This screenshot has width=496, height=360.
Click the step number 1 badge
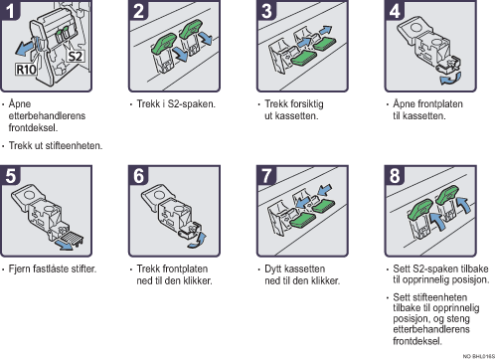pyautogui.click(x=10, y=10)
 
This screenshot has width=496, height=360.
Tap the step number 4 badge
pyautogui.click(x=395, y=10)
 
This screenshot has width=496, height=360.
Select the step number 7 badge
pyautogui.click(x=266, y=175)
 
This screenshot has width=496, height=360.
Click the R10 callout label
pyautogui.click(x=26, y=70)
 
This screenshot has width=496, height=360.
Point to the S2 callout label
pyautogui.click(x=75, y=57)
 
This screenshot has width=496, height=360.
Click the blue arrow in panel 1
pyautogui.click(x=25, y=48)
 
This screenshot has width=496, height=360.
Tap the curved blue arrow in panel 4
pyautogui.click(x=450, y=79)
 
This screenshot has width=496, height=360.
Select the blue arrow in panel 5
pyautogui.click(x=65, y=246)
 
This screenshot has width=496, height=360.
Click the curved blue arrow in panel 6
pyautogui.click(x=197, y=240)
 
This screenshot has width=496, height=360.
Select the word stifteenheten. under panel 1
pyautogui.click(x=74, y=145)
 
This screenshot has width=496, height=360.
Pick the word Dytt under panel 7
pyautogui.click(x=272, y=269)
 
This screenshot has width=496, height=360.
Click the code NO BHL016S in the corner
pyautogui.click(x=479, y=356)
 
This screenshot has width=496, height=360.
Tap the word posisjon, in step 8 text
pyautogui.click(x=412, y=318)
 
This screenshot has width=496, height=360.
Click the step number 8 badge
pyautogui.click(x=395, y=175)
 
